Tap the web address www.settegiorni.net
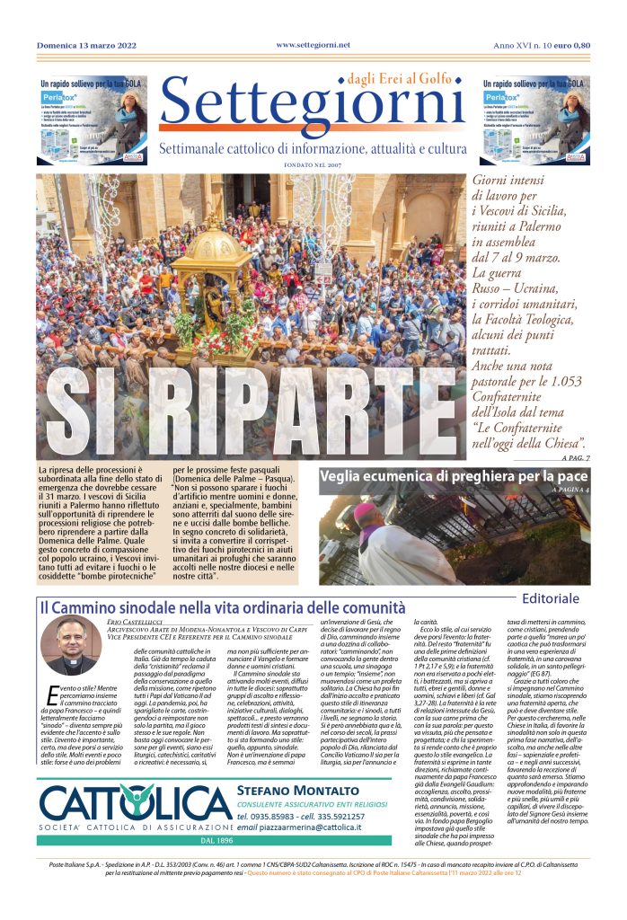tap(313, 44)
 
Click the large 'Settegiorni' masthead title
tap(312, 107)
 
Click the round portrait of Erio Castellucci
tap(71, 645)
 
